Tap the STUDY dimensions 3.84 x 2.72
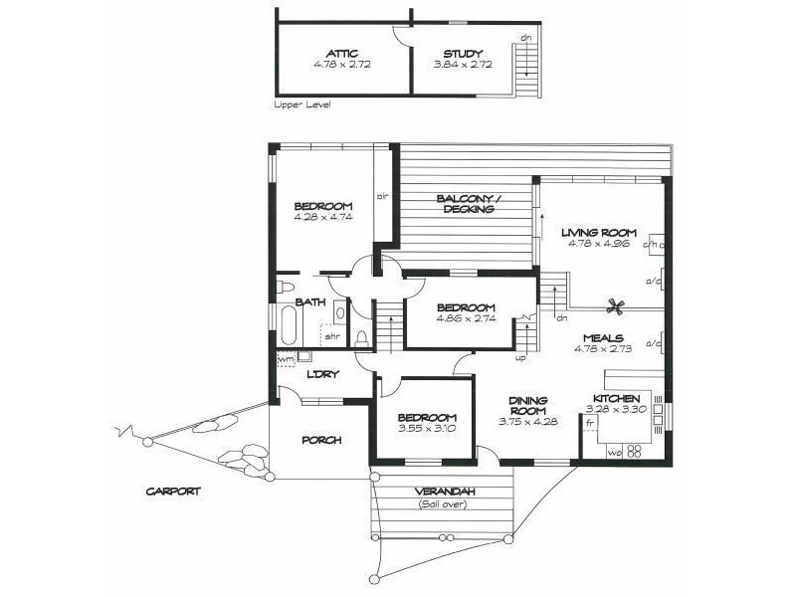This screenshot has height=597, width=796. (x=458, y=65)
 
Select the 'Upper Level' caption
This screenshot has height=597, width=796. (x=301, y=104)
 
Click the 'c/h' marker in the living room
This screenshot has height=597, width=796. (x=652, y=243)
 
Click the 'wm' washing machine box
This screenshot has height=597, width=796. (x=287, y=357)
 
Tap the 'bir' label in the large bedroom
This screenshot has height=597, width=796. (x=380, y=196)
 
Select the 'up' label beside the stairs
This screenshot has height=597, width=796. (x=520, y=356)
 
